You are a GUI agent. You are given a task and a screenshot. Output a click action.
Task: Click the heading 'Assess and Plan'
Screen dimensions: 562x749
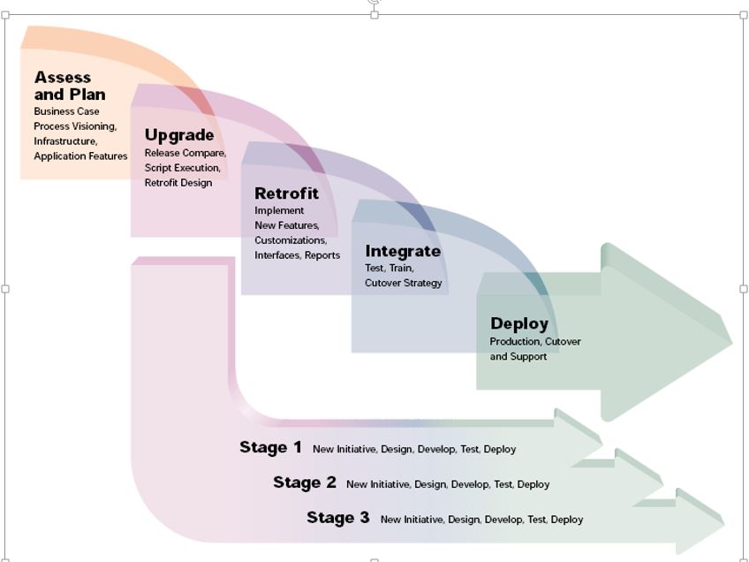coord(70,86)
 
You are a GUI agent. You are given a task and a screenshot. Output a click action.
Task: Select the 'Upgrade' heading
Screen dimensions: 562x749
coord(179,135)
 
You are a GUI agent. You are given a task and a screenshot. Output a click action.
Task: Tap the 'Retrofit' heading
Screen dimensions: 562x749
coord(286,194)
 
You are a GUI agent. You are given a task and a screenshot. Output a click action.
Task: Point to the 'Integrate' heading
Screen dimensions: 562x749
coord(403,251)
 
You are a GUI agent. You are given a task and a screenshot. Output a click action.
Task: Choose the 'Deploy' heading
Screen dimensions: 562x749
coord(519,323)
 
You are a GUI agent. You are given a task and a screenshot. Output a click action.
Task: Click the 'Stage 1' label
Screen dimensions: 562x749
coord(270,447)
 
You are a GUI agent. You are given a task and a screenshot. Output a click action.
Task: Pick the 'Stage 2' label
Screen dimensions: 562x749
coord(305,482)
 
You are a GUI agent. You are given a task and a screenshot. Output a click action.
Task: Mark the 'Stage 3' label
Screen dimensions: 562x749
coord(338,518)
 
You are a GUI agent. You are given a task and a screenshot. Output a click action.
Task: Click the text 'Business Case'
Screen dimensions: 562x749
coord(67,111)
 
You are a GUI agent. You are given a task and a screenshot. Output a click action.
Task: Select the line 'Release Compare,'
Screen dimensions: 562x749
coord(185,153)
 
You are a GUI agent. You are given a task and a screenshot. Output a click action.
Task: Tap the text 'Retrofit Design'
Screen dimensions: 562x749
coord(178,183)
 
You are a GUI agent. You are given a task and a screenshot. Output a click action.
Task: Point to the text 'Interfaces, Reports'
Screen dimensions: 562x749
coord(298,255)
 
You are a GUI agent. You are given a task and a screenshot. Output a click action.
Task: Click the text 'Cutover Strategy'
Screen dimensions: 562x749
coord(404,283)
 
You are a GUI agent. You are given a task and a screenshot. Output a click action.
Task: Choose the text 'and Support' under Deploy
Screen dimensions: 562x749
coord(518,357)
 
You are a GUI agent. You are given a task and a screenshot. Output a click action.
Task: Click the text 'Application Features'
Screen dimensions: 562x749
coord(80,156)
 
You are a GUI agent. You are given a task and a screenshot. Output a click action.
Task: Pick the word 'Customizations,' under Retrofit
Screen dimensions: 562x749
coord(291,240)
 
